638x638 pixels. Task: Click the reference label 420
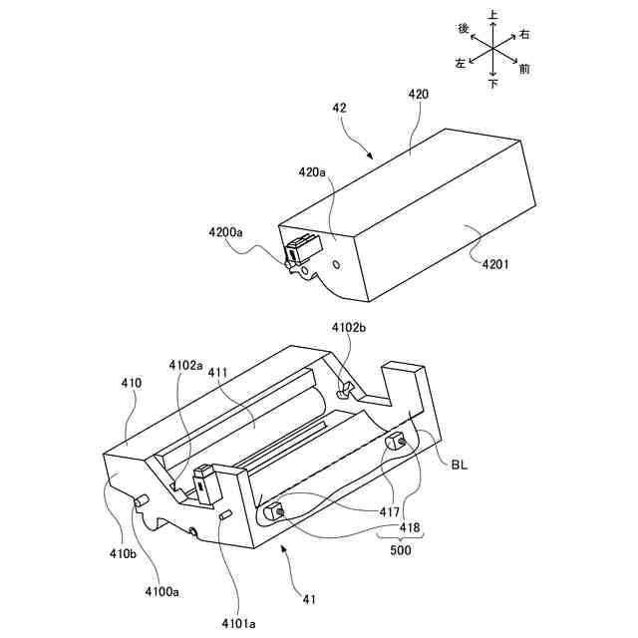coord(419,94)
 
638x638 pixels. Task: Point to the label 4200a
coord(225,233)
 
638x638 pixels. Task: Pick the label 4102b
coord(350,328)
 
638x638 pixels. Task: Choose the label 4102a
coord(186,366)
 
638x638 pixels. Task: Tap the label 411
coord(219,372)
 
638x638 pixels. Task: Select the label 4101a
coord(239,624)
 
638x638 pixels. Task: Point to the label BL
coord(460,464)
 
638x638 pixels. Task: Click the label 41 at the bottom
coord(310,598)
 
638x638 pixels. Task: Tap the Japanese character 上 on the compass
coord(493,16)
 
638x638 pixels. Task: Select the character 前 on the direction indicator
coord(524,69)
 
